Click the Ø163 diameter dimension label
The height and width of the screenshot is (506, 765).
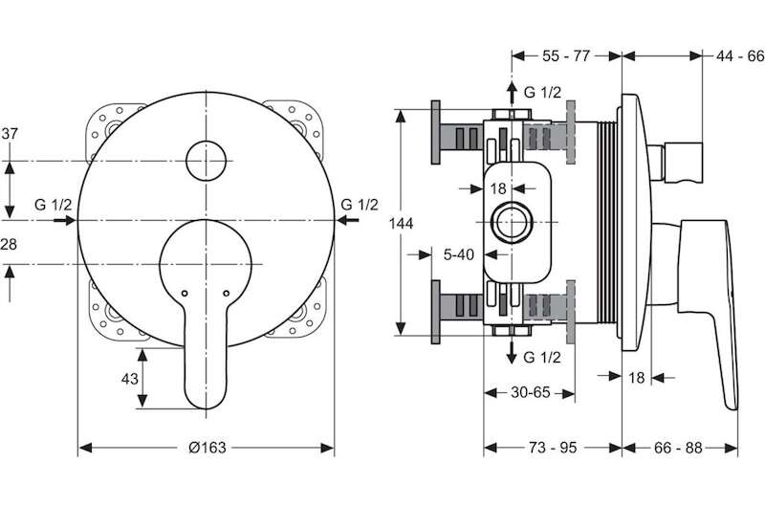click(x=208, y=447)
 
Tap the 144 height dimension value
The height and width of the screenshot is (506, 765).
click(x=401, y=224)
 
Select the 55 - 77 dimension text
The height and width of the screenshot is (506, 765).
click(x=566, y=56)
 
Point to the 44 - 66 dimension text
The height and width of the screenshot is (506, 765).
click(x=739, y=56)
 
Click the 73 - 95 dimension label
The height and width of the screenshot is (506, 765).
click(x=553, y=447)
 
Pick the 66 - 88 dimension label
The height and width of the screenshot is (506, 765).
click(x=678, y=447)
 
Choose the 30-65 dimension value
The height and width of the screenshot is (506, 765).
click(x=531, y=392)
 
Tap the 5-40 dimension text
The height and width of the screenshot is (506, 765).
click(x=459, y=254)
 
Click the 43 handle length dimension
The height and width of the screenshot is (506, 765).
click(x=129, y=379)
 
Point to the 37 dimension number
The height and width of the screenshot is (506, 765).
click(x=10, y=133)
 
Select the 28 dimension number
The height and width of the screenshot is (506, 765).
click(x=9, y=244)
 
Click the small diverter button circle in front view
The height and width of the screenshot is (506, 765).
click(x=207, y=161)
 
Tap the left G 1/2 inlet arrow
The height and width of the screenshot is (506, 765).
click(x=64, y=221)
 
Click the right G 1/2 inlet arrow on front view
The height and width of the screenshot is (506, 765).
click(x=347, y=221)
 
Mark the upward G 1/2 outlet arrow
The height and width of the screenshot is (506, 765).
click(x=512, y=93)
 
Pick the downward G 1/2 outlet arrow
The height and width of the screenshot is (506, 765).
click(x=512, y=352)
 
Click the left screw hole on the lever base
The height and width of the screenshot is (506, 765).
click(x=185, y=294)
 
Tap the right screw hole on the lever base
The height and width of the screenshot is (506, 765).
click(x=226, y=294)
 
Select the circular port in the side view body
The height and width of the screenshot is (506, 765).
click(x=512, y=223)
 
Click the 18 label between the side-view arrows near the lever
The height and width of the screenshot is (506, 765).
click(x=637, y=377)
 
